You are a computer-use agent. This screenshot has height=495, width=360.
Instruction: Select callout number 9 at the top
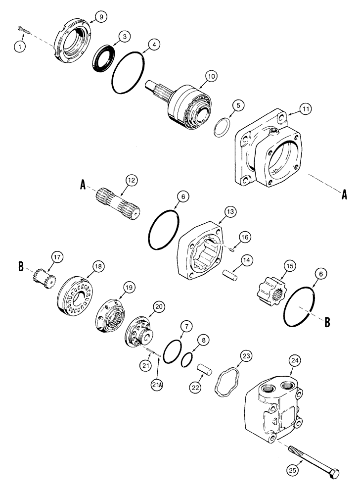click(100, 17)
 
